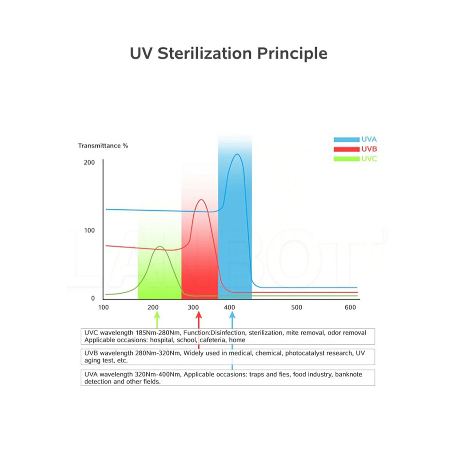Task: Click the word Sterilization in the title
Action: pyautogui.click(x=204, y=53)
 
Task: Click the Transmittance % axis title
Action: pyautogui.click(x=103, y=146)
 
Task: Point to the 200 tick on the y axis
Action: pyautogui.click(x=89, y=163)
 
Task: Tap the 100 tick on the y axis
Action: pyautogui.click(x=89, y=231)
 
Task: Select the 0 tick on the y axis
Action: pyautogui.click(x=93, y=298)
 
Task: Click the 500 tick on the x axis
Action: pyautogui.click(x=296, y=307)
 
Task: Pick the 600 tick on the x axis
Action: pyautogui.click(x=350, y=307)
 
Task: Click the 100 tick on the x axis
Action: pyautogui.click(x=104, y=307)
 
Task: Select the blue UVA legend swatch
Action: pyautogui.click(x=347, y=140)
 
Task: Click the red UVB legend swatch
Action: pyautogui.click(x=347, y=149)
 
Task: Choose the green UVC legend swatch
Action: pyautogui.click(x=347, y=159)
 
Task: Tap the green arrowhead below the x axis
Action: pyautogui.click(x=157, y=315)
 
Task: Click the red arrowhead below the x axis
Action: pyautogui.click(x=199, y=315)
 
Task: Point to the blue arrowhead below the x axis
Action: pyautogui.click(x=232, y=315)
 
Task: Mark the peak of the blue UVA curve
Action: pyautogui.click(x=237, y=154)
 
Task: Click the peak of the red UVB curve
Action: pyautogui.click(x=201, y=200)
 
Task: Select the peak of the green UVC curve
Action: pyautogui.click(x=160, y=246)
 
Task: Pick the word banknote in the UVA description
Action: pyautogui.click(x=348, y=374)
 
